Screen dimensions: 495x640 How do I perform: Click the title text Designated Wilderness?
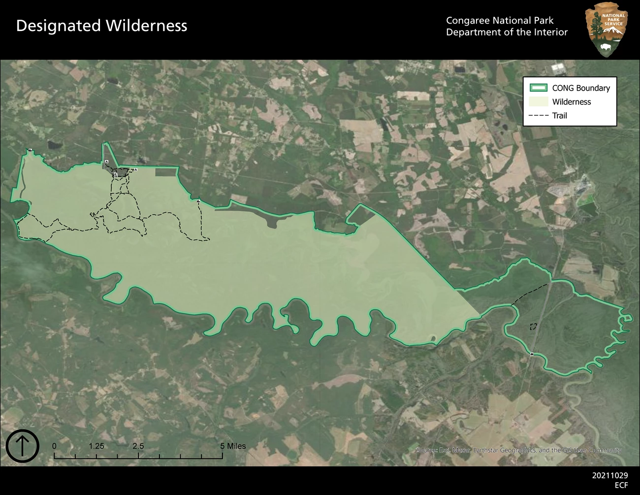coord(101,26)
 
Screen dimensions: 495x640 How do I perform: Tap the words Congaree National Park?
coord(500,21)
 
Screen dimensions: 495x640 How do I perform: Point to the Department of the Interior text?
coord(507,33)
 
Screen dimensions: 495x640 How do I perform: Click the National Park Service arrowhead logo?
coord(606,30)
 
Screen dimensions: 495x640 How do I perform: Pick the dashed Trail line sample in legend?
coord(538,116)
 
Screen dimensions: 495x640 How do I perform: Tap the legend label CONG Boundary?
coord(581,88)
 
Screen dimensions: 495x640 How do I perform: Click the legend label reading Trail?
coord(560,116)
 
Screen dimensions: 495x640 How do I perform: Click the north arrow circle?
coord(22,446)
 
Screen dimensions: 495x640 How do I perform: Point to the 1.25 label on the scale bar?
coord(96,446)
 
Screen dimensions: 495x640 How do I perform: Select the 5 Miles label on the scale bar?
coord(233,446)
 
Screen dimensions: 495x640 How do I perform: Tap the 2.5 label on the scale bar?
coord(138,446)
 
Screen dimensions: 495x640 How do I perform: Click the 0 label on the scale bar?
coord(54,446)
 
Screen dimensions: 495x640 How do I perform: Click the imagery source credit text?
coord(519,450)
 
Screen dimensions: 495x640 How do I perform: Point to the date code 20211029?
coord(610,476)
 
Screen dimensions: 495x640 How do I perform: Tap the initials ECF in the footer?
coord(621,485)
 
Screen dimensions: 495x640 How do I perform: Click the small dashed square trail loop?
coord(533,327)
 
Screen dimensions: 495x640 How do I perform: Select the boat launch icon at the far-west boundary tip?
coord(30,150)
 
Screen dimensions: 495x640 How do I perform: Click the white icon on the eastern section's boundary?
coord(532,354)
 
